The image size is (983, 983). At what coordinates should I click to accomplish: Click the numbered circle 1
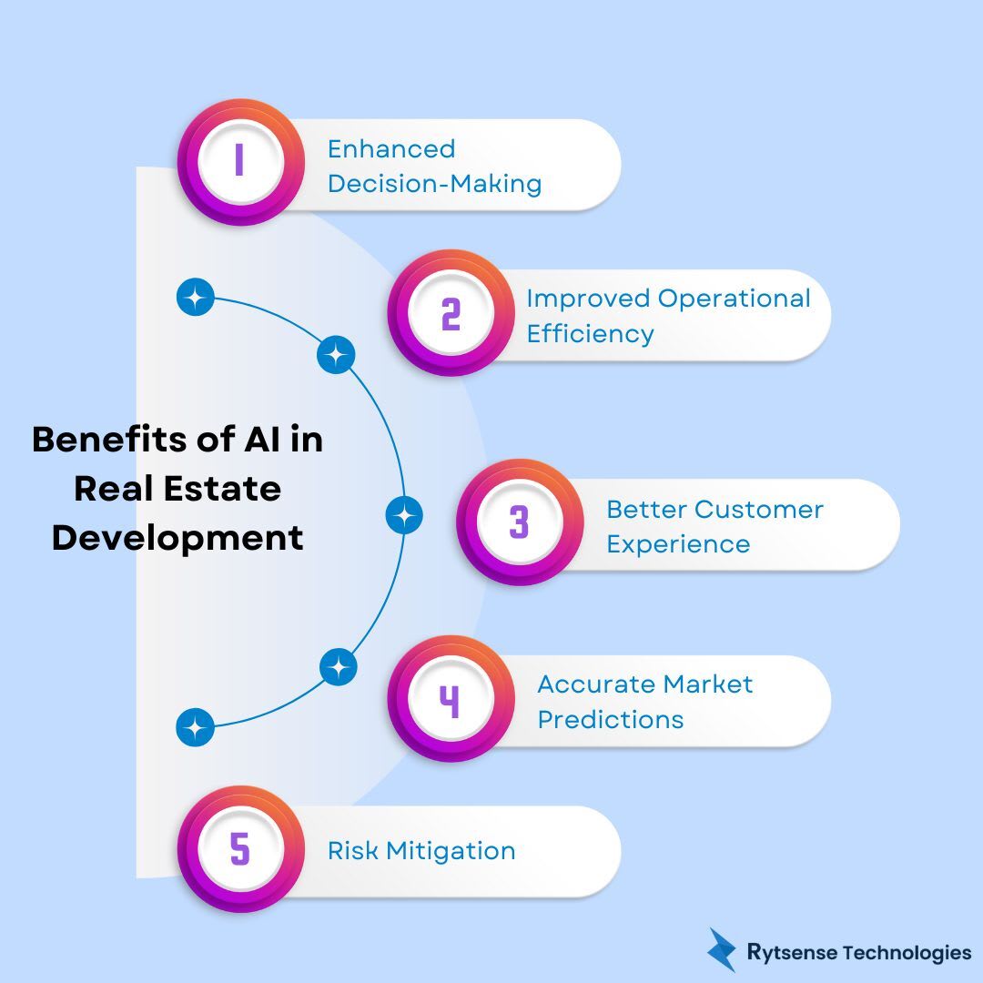(239, 162)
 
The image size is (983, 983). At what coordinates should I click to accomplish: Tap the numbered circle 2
(450, 312)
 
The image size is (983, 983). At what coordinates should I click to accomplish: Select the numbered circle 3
(519, 522)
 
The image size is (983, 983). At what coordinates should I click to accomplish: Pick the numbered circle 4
(450, 699)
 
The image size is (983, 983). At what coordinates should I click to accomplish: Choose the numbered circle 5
(239, 849)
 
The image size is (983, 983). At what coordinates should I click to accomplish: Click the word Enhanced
(390, 149)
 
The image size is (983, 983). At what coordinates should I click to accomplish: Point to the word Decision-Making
(434, 184)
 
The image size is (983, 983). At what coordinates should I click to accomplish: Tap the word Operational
(734, 299)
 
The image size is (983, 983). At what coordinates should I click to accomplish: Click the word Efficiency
(590, 333)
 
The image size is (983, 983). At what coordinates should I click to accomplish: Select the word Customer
(759, 509)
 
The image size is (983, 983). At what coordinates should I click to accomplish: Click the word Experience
(678, 544)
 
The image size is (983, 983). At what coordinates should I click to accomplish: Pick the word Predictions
(610, 719)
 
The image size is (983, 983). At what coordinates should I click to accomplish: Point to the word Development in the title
(177, 537)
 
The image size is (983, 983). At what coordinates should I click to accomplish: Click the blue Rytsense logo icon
(723, 950)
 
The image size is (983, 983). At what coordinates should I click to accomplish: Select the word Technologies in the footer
(907, 953)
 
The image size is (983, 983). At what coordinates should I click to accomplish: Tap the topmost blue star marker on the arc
(195, 298)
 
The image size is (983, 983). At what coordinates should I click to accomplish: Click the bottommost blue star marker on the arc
(195, 728)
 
